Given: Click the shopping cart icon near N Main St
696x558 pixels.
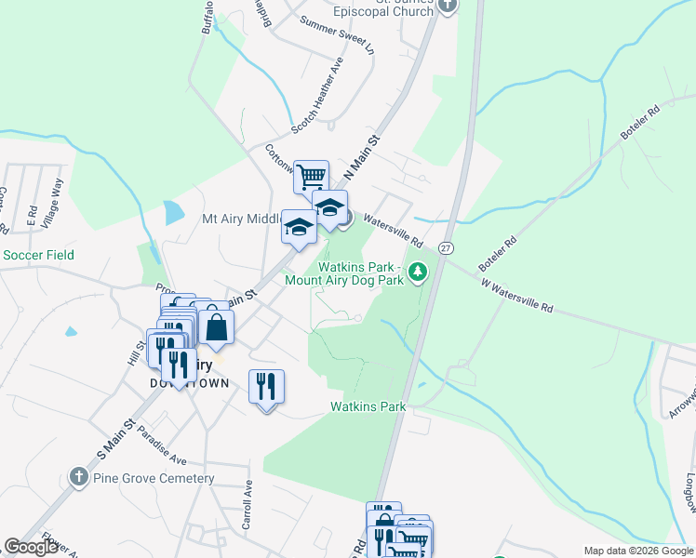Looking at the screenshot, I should click(311, 176).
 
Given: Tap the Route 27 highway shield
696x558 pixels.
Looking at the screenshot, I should click(447, 248).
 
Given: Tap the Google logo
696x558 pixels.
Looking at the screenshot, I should click(31, 547).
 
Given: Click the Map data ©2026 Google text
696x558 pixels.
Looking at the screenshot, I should click(637, 551).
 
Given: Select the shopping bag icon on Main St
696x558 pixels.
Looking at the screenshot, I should click(216, 327).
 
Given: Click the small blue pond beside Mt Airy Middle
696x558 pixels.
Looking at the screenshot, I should click(173, 213).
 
